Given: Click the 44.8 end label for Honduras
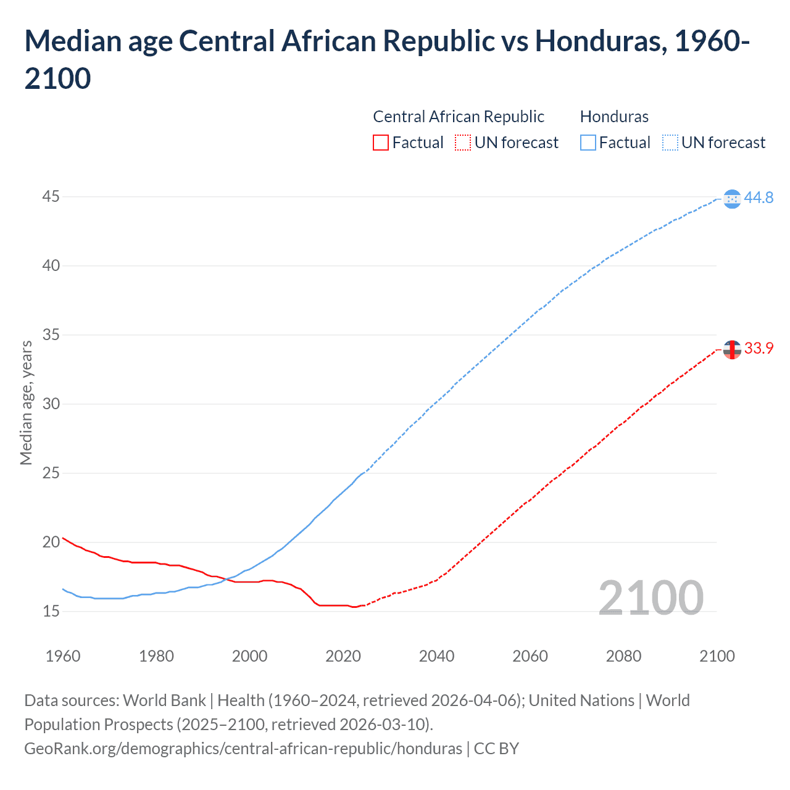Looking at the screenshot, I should coord(759,197).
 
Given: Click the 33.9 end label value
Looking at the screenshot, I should coord(759,349).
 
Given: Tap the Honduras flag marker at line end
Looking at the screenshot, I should coord(732,199).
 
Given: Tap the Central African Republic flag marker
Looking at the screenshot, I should coord(732,350).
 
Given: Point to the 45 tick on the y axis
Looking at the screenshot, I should coord(51,197).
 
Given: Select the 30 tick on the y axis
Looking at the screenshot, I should coord(51,404).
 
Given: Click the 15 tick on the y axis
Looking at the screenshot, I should coord(51,612).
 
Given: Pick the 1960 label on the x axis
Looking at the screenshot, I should coord(63,656).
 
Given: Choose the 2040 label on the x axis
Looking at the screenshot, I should coord(436,656).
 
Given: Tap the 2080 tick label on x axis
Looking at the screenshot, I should coord(623,656).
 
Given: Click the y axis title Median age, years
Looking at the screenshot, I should coord(26,402).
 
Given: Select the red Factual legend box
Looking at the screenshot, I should coord(381,143).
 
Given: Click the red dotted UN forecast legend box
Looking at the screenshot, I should coord(463,143).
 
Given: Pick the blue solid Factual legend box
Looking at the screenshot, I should coord(588,143).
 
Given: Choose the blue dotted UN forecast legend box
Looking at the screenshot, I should coord(670,143).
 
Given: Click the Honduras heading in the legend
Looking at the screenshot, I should coord(614,117).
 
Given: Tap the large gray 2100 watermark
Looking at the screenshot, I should coord(651,598).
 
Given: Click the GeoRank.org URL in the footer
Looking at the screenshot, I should coord(243,749).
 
